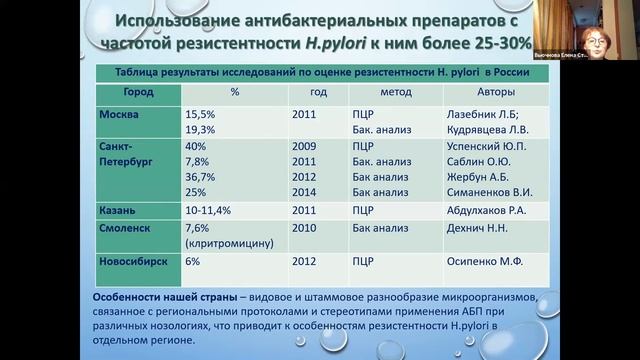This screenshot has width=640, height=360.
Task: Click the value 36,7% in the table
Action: click(203, 176)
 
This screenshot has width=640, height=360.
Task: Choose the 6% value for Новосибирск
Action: click(193, 260)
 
